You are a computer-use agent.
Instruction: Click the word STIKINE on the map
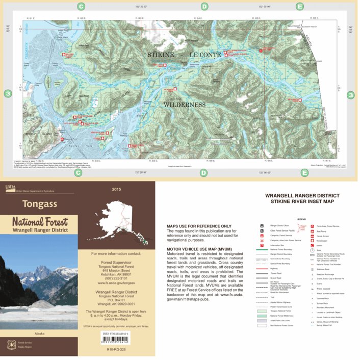point(161,55)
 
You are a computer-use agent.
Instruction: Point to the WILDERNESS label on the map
point(184,105)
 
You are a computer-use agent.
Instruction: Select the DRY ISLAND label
point(76,96)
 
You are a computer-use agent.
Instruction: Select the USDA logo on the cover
point(10,187)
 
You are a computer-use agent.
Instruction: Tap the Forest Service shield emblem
point(10,345)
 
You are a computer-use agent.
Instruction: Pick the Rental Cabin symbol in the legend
point(312,240)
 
